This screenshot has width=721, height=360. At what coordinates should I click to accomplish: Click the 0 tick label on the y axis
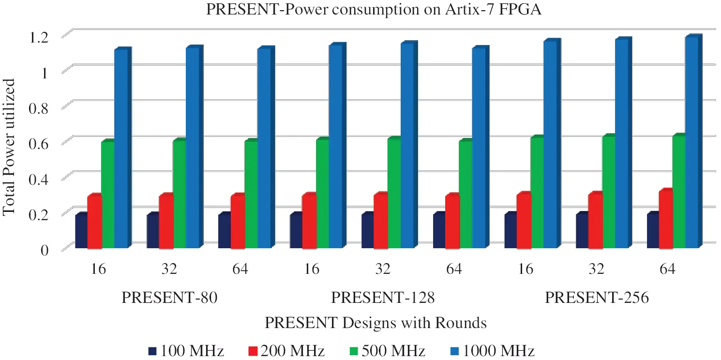[45, 250]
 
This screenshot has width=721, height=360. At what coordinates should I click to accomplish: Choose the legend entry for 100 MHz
[187, 351]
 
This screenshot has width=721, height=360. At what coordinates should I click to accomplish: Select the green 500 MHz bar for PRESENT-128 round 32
[394, 194]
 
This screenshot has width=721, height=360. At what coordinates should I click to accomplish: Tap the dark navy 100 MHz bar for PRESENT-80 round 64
[224, 231]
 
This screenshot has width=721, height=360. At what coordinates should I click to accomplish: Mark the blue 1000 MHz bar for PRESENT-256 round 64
[692, 143]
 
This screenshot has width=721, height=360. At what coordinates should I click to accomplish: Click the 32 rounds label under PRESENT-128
[383, 269]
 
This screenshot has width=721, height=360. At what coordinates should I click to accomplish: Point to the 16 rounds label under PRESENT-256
[526, 269]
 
